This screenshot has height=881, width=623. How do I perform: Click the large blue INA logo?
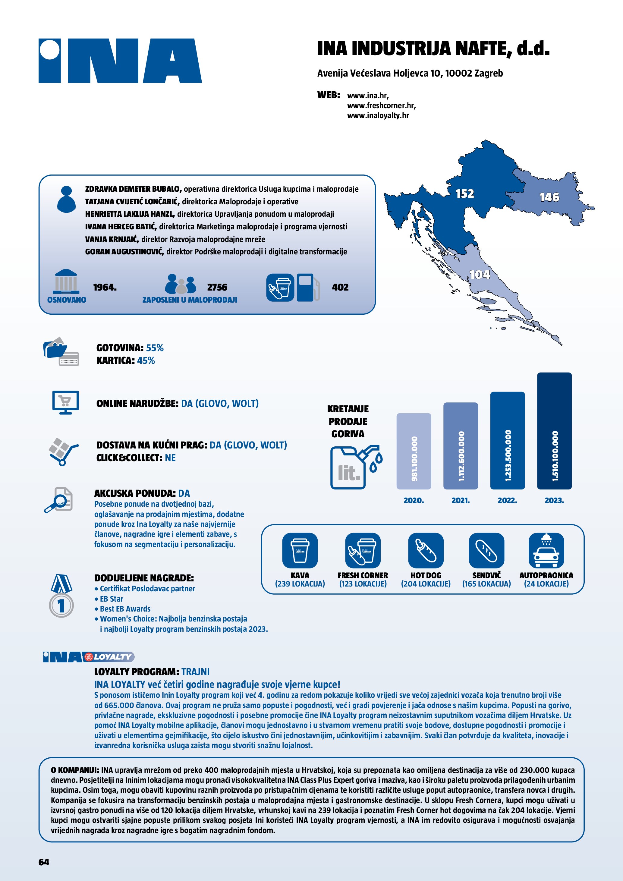(120, 61)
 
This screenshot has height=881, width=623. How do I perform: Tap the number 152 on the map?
(464, 194)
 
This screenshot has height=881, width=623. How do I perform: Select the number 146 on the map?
(549, 197)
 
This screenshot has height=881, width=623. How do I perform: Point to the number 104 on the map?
(480, 275)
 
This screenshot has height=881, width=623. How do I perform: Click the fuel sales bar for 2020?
(414, 451)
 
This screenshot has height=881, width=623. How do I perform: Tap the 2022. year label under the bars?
(507, 500)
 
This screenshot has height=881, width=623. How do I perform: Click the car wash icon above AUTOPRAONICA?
(546, 550)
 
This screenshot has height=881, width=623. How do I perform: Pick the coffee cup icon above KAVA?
(300, 550)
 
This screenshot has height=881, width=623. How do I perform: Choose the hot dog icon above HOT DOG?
(426, 550)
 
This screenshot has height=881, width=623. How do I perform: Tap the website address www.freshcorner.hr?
(381, 105)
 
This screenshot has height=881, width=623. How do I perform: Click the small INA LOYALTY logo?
(89, 657)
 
